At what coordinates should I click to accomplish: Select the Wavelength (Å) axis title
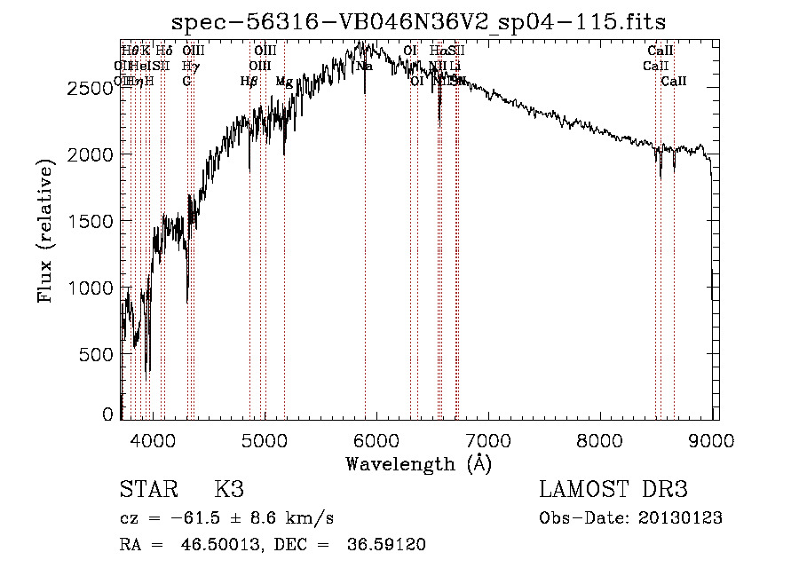click(418, 463)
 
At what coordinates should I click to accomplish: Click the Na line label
click(364, 67)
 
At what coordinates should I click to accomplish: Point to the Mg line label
click(284, 82)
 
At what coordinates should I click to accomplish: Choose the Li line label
click(455, 67)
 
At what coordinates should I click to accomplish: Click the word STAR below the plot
click(146, 490)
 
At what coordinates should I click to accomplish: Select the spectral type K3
click(229, 490)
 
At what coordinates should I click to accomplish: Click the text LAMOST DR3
click(613, 490)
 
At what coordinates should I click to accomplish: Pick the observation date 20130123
click(678, 518)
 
